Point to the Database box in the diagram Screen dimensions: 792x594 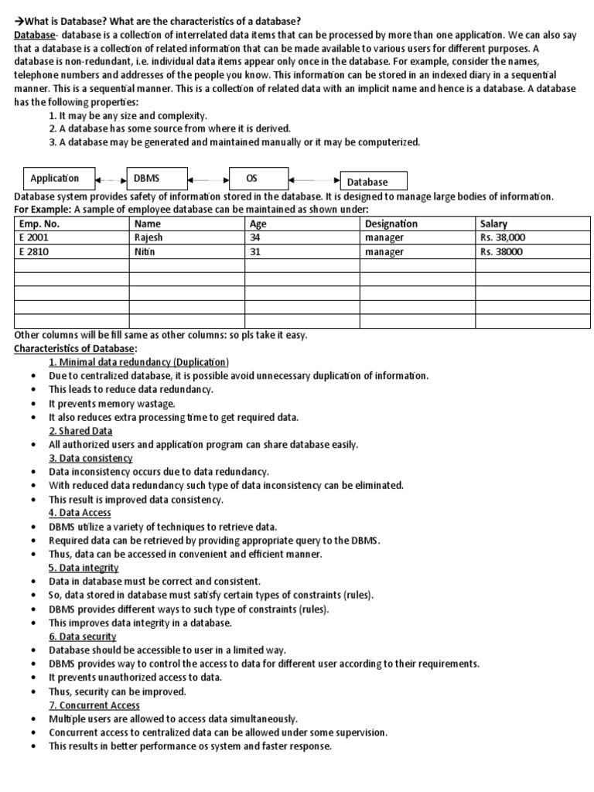tap(373, 182)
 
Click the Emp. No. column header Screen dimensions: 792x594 tap(71, 224)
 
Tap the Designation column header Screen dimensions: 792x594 tap(417, 224)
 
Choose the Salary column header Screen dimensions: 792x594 tap(531, 224)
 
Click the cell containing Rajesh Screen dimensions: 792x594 tap(186, 237)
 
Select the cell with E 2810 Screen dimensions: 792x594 tap(71, 251)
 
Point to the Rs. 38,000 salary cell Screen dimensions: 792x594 tap(531, 237)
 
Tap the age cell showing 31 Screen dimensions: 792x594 tap(302, 251)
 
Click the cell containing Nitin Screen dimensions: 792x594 tap(186, 251)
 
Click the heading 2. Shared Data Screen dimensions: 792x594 tap(80, 430)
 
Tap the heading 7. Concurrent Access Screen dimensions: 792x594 tap(94, 705)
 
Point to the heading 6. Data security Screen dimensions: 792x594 tap(83, 637)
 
